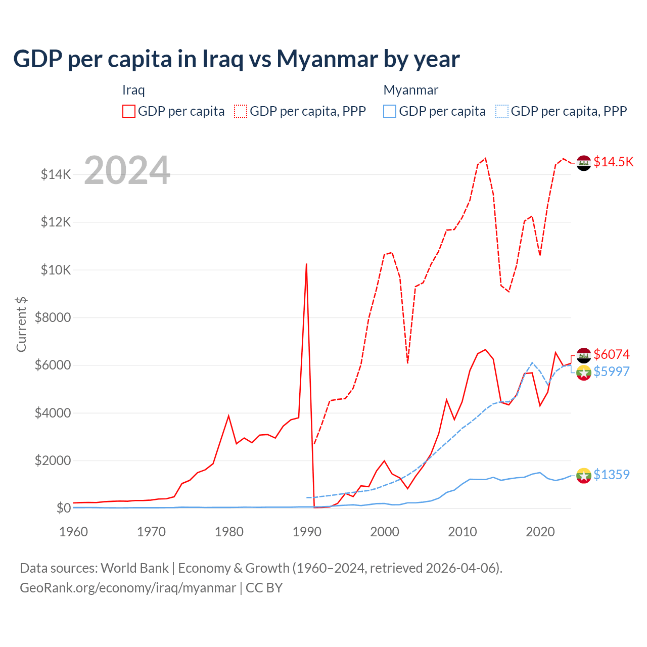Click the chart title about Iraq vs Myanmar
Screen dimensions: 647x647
(x=237, y=59)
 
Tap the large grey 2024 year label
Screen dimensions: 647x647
(x=127, y=171)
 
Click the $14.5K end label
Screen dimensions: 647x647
(x=613, y=162)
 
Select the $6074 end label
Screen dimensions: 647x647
(x=612, y=354)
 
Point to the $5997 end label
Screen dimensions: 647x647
(x=612, y=372)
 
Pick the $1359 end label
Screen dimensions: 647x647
(x=612, y=475)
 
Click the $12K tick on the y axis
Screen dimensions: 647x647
(x=56, y=222)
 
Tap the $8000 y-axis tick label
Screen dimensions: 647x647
(x=53, y=317)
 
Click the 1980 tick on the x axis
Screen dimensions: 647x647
(x=229, y=532)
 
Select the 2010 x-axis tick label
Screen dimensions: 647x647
(x=463, y=532)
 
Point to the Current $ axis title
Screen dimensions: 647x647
(x=21, y=324)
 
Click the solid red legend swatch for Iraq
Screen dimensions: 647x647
(x=129, y=111)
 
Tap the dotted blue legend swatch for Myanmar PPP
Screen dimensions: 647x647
(x=502, y=111)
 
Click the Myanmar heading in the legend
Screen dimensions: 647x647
(x=410, y=90)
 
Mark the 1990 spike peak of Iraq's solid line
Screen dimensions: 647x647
(x=306, y=264)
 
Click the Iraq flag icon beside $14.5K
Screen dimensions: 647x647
(x=584, y=163)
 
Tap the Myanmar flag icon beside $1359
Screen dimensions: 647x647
(x=584, y=475)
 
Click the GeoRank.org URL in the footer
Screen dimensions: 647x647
(x=128, y=588)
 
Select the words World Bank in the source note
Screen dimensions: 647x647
(x=134, y=568)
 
